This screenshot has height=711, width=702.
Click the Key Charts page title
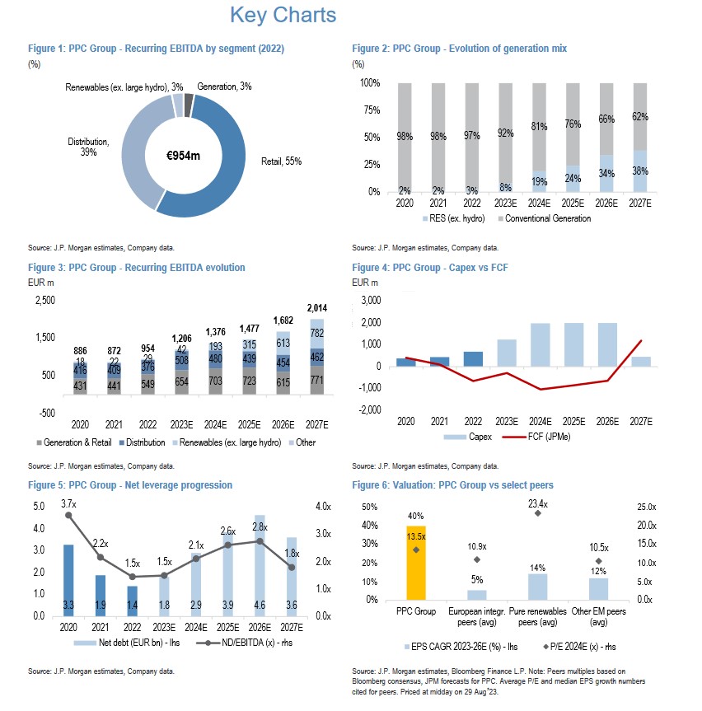pyautogui.click(x=283, y=16)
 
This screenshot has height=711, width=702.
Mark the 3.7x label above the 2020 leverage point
pyautogui.click(x=68, y=503)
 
